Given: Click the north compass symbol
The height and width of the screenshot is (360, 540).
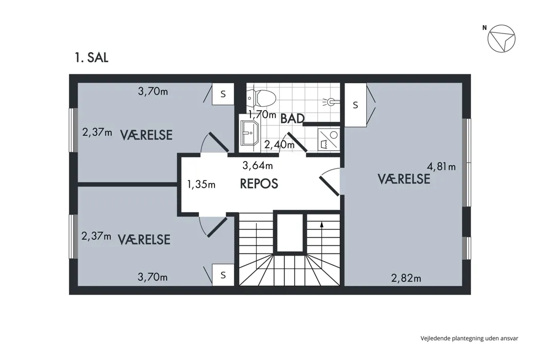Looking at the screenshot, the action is click(501, 39).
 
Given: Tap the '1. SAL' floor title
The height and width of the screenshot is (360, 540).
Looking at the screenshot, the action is click(92, 58).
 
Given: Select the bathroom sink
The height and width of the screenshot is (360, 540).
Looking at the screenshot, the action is click(249, 133).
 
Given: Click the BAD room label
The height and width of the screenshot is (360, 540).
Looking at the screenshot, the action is click(293, 118).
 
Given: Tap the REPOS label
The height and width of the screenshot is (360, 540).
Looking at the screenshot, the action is click(259, 184).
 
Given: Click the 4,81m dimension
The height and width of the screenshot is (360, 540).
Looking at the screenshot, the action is click(441, 167).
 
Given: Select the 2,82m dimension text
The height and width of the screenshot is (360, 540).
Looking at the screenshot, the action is click(406, 278).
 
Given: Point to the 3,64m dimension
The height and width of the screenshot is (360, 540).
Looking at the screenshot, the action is click(258, 166).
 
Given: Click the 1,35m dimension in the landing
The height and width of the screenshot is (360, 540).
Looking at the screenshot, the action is click(201, 185).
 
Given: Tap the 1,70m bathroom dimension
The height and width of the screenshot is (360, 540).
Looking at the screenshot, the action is click(262, 114).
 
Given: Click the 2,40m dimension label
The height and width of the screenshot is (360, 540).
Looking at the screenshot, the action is click(279, 145).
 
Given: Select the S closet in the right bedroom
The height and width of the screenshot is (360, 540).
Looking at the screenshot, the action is click(355, 105).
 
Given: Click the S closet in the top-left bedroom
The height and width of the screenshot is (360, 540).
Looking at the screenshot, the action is click(223, 94).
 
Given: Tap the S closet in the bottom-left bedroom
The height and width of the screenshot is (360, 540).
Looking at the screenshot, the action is click(223, 275).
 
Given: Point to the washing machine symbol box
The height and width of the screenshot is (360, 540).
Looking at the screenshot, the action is click(329, 140).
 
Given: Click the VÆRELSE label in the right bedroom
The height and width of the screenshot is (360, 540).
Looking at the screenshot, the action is click(404, 179).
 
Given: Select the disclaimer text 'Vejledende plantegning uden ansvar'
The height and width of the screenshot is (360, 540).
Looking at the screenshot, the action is click(469, 338).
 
